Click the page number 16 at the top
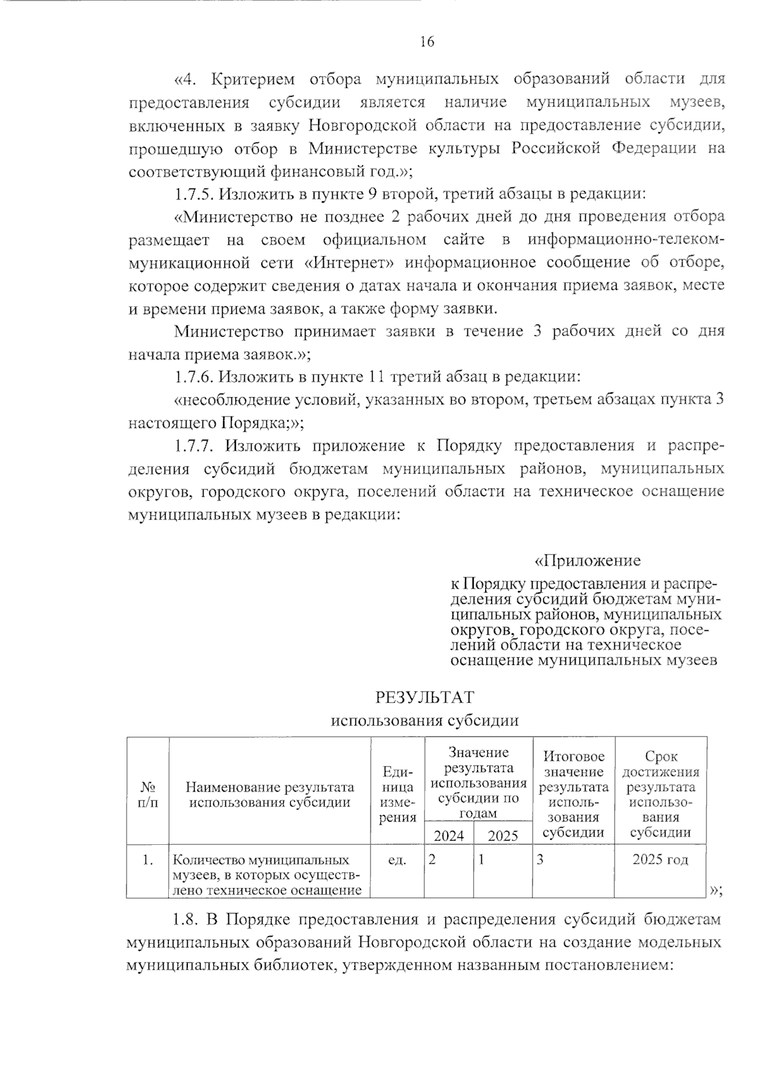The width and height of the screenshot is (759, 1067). pos(426,42)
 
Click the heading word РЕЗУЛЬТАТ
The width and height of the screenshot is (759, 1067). pos(425,697)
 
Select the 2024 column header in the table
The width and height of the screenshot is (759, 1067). pos(448,835)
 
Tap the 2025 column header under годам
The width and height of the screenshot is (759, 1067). pos(503,835)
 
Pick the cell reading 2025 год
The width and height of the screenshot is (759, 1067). pos(660,859)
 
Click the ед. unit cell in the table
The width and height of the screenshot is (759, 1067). pos(397,860)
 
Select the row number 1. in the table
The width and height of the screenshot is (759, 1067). pos(148,860)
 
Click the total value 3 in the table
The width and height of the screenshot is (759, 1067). pos(541,860)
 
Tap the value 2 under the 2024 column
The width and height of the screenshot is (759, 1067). pos(432,860)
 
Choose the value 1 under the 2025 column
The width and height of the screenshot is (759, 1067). pos(482,860)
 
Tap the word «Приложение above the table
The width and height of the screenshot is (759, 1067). pos(588,561)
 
